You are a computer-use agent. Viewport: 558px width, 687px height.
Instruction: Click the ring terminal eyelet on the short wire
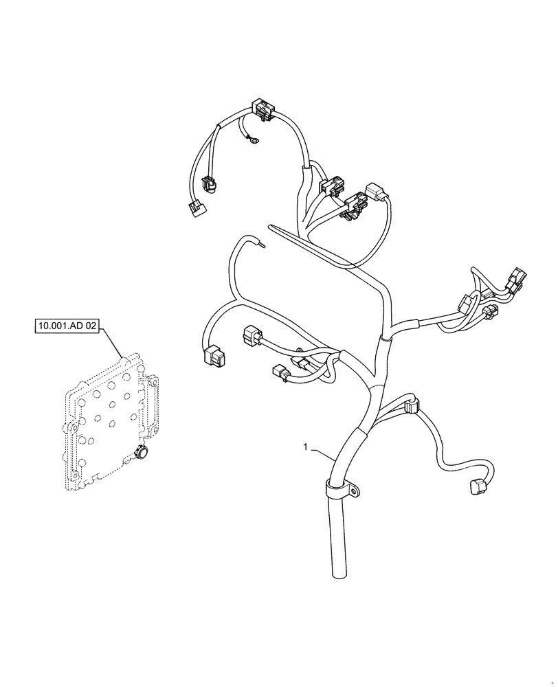[x=254, y=143]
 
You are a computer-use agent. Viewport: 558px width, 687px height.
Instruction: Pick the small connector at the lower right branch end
[x=476, y=487]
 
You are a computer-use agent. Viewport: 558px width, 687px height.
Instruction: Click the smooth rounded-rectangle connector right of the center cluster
[x=375, y=191]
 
